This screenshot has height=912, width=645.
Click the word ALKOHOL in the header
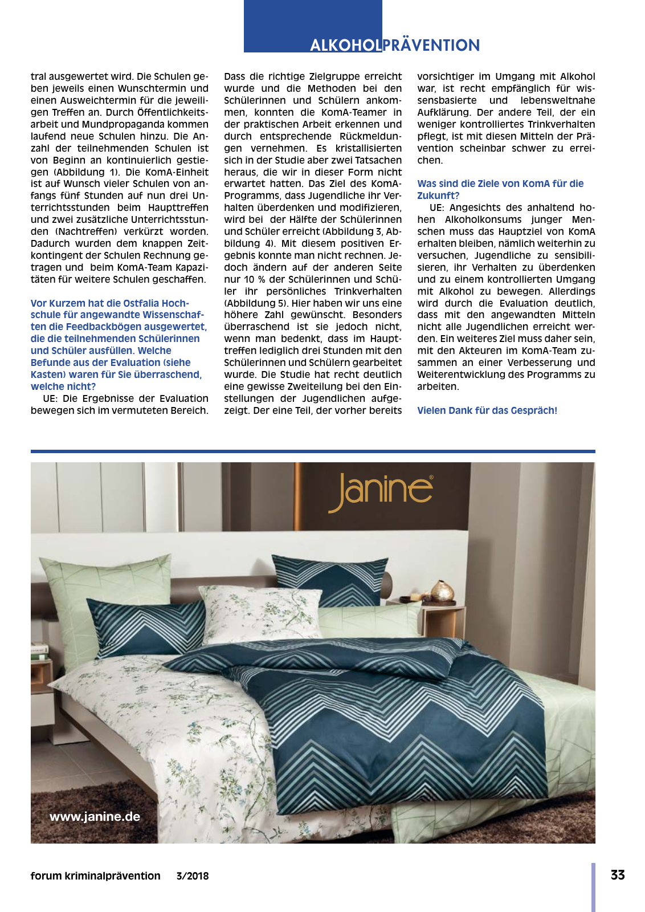coord(345,46)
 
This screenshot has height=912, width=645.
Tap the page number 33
coord(618,875)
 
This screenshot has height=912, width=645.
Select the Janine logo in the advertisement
coord(381,491)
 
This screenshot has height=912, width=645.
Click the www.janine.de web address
coord(95,816)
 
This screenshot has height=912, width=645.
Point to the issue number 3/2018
coord(193,876)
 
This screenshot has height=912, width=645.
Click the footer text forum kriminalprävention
coord(95,876)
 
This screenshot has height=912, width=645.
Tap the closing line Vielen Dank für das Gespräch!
coord(487,410)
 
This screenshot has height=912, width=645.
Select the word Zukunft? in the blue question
coord(438,196)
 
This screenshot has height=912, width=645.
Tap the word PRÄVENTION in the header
coord(431,46)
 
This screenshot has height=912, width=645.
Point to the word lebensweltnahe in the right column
coord(558,100)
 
